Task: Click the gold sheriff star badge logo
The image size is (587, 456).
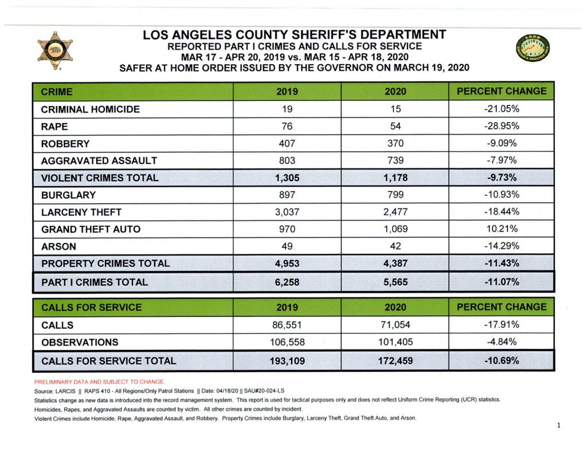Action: (55, 50)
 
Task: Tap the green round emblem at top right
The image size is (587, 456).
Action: (533, 48)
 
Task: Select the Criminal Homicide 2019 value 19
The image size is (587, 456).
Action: (287, 109)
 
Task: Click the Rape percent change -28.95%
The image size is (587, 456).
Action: (502, 126)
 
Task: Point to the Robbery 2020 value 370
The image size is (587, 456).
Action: (396, 143)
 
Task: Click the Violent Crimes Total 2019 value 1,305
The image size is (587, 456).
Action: (287, 178)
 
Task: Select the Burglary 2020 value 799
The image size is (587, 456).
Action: (396, 195)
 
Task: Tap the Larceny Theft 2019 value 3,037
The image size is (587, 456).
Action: (287, 212)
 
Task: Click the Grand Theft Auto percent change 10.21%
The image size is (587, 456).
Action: (502, 229)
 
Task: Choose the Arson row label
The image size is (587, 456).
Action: (59, 246)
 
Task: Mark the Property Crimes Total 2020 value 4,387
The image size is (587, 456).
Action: (396, 264)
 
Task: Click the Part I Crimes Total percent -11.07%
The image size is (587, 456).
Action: (502, 282)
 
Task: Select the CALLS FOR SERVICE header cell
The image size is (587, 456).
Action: (133, 307)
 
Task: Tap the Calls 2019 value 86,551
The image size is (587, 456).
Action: (287, 325)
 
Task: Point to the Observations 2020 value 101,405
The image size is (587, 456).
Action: (396, 342)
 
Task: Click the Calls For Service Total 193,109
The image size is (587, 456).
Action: (287, 361)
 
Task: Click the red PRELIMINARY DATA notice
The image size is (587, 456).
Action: (99, 382)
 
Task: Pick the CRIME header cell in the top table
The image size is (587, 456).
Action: (133, 92)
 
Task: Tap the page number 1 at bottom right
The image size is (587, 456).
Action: (558, 425)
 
